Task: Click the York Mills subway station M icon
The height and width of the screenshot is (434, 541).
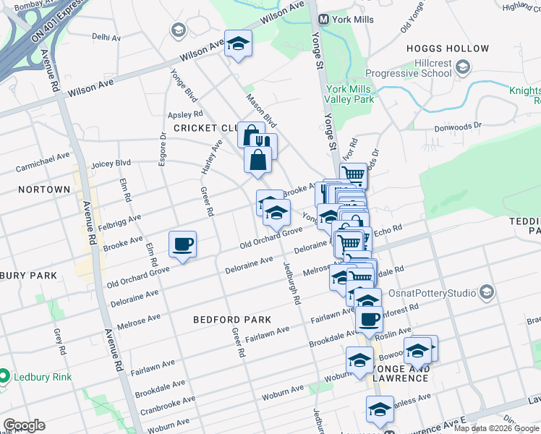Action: [325, 19]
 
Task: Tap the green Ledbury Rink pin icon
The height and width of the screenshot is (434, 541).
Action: [4, 376]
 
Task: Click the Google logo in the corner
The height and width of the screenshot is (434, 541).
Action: [24, 425]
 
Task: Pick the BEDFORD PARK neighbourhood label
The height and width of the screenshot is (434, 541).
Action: [232, 319]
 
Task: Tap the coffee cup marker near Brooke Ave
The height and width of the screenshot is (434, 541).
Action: [183, 244]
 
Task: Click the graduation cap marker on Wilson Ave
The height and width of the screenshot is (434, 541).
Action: [237, 44]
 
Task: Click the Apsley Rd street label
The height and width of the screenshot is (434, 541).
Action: [184, 114]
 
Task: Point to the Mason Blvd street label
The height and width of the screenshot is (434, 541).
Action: [261, 109]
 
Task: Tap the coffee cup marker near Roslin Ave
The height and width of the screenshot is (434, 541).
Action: [370, 319]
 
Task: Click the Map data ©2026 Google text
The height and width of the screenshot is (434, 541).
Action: [496, 428]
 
